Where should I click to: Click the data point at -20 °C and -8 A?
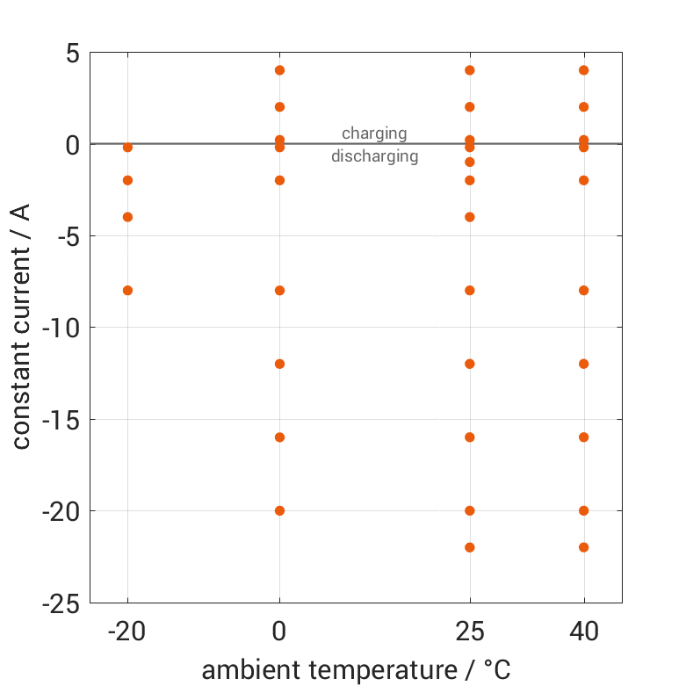pos(127,290)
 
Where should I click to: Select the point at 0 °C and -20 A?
pos(279,510)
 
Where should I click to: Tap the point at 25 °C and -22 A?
pos(470,547)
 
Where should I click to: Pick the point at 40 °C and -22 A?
pos(583,547)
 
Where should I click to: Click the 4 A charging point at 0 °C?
pos(279,70)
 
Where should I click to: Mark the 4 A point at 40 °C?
pos(583,70)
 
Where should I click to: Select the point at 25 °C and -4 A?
pos(470,217)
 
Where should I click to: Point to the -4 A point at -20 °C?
pos(127,217)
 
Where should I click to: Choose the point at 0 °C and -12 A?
pos(279,364)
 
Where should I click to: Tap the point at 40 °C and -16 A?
pos(583,437)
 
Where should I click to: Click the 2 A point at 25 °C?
pos(470,107)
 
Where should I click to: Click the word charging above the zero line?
pos(374,134)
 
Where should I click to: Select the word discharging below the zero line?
pos(374,157)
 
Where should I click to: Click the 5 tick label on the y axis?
pos(71,54)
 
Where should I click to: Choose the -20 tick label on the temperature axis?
pos(127,631)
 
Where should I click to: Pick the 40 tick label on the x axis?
pos(583,631)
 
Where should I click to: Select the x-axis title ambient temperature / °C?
pos(356,670)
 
